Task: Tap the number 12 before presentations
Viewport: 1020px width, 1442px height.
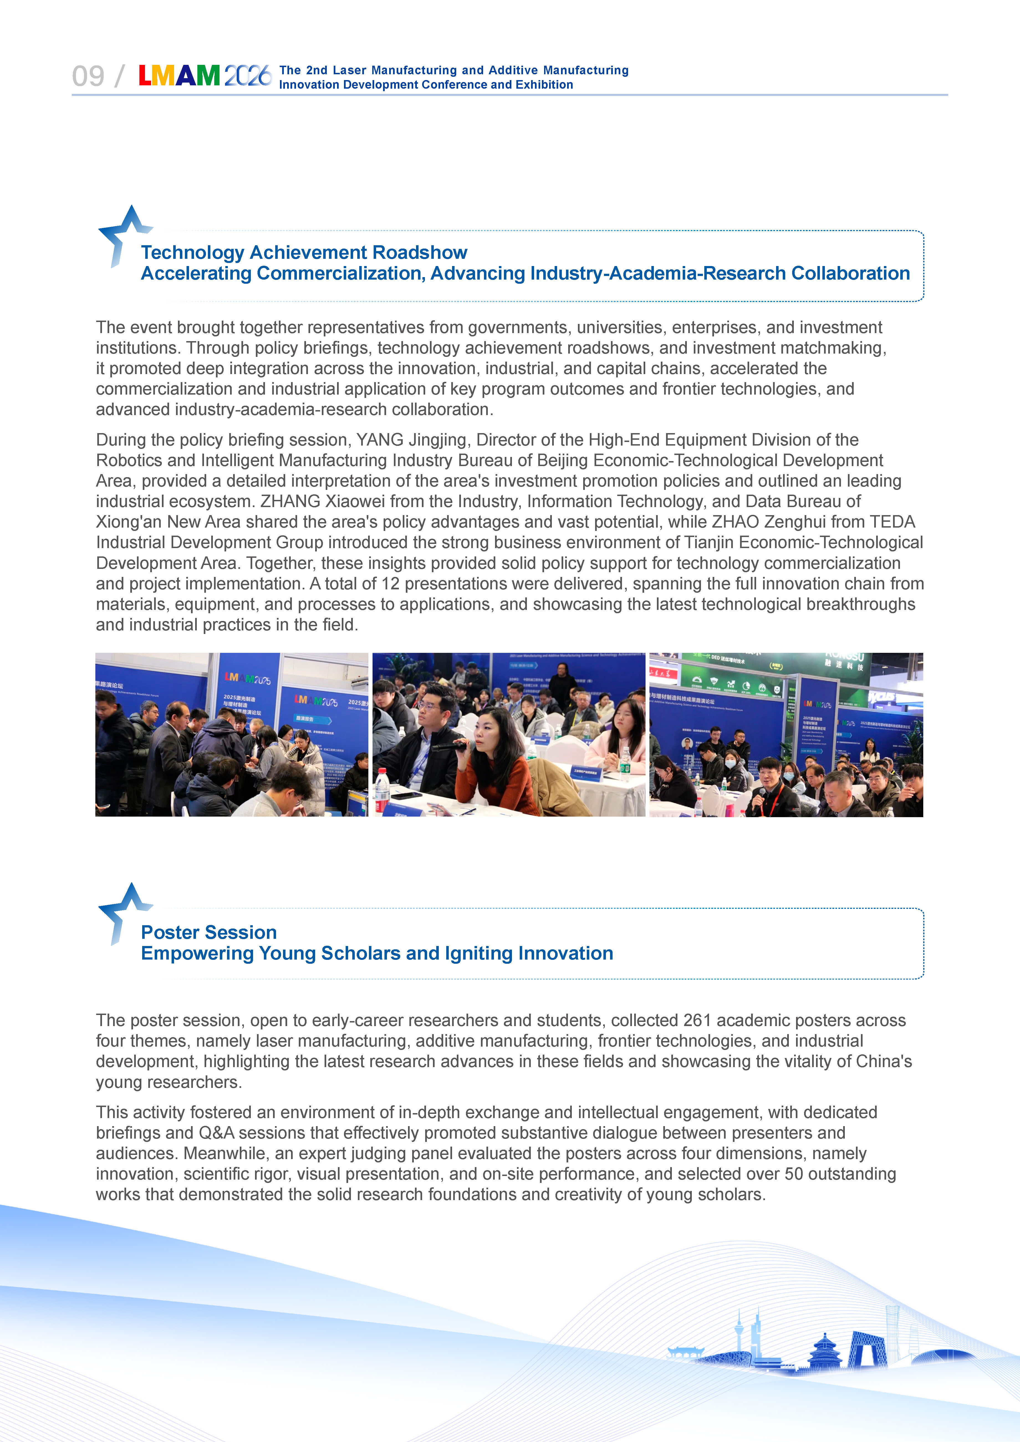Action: tap(390, 584)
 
